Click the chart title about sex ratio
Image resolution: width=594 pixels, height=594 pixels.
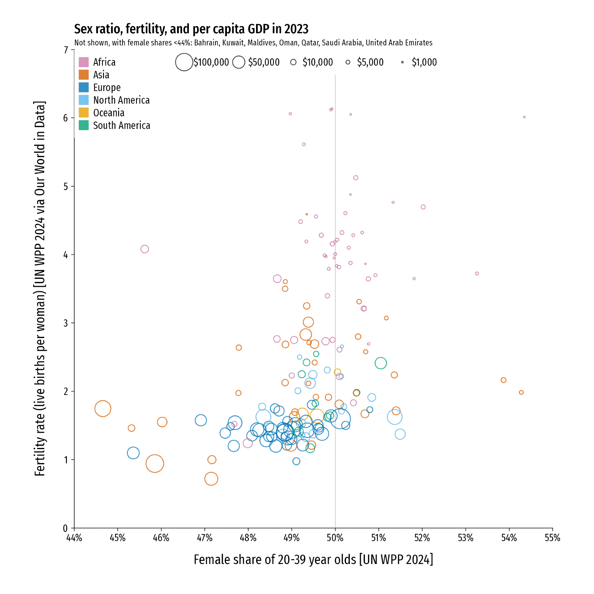(x=191, y=29)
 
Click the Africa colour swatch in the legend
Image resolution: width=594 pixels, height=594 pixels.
(x=84, y=62)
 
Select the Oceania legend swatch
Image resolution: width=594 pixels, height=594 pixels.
(x=84, y=113)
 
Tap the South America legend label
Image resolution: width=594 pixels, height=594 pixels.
(x=121, y=125)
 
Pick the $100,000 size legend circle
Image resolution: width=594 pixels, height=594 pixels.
(x=184, y=62)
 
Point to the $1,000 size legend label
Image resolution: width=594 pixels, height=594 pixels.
(x=424, y=62)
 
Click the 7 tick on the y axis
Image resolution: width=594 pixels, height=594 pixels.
(x=66, y=50)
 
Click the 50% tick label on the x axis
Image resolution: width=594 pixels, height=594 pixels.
(x=335, y=538)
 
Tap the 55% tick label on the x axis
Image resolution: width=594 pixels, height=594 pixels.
(x=552, y=538)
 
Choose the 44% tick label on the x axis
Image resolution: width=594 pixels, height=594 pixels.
(x=74, y=538)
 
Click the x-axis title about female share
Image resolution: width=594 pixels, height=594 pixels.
(x=313, y=560)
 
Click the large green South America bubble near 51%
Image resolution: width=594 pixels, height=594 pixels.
(x=381, y=363)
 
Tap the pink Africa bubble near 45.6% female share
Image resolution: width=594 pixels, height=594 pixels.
(x=145, y=249)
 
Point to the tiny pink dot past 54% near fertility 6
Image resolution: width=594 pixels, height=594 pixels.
(x=524, y=117)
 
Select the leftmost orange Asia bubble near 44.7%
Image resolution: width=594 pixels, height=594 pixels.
(x=103, y=409)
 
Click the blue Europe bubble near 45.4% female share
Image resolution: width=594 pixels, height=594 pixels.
(x=133, y=453)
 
